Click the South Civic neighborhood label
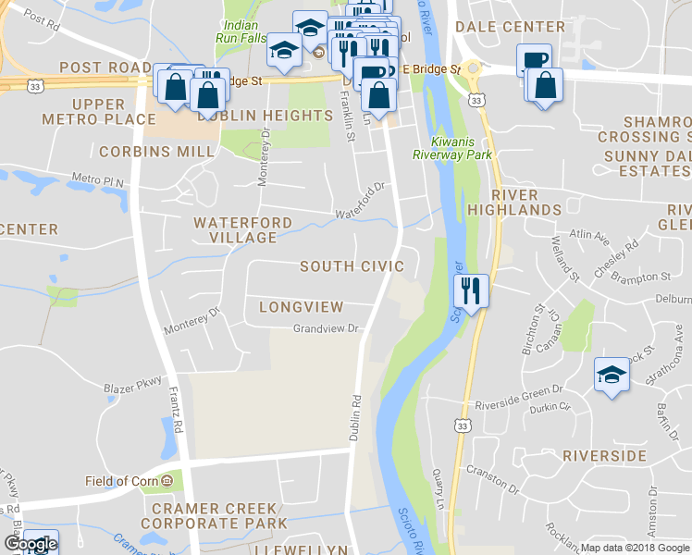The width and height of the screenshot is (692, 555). (352, 266)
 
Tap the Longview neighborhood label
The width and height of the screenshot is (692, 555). (302, 306)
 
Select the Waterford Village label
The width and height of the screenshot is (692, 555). (242, 230)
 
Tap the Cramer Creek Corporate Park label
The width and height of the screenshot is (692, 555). (214, 516)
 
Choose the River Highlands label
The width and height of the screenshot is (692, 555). (526, 203)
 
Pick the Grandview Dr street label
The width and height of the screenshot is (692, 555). (325, 328)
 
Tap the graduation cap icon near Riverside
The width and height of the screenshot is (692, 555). (611, 374)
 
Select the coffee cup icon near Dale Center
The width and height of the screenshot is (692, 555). (533, 60)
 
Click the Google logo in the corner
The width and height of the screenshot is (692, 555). (30, 545)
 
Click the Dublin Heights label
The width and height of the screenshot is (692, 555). (265, 116)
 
